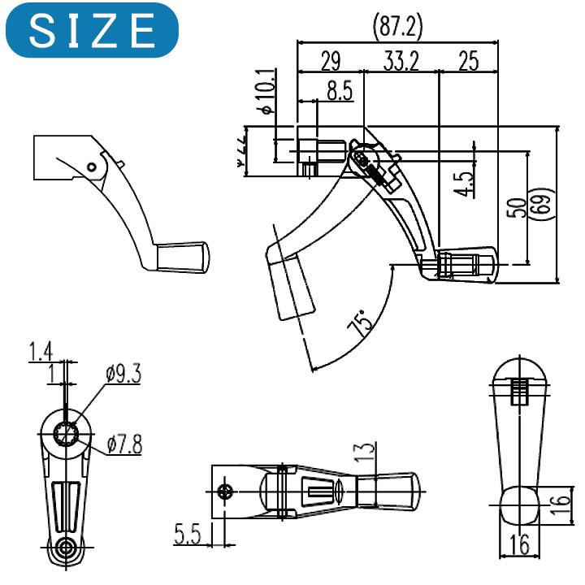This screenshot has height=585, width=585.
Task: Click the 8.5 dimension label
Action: click(x=339, y=91)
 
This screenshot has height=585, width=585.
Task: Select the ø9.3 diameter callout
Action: click(x=122, y=375)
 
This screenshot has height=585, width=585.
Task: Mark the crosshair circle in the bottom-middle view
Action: click(x=227, y=490)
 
